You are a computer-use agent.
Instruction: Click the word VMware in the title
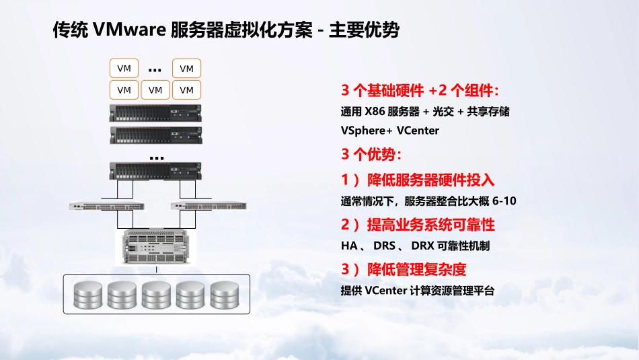coord(128,30)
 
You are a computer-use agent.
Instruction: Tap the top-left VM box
coord(124,68)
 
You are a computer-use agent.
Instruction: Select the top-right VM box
coord(186,68)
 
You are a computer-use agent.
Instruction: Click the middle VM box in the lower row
coord(155,89)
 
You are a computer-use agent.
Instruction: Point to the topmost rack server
coord(155,113)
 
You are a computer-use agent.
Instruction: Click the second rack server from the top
coord(155,135)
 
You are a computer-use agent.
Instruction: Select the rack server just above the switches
coord(155,171)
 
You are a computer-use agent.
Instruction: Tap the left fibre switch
coord(107,207)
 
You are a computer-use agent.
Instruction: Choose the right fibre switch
coord(209,207)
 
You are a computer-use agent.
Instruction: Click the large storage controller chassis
coord(156,247)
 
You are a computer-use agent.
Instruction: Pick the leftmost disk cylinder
coord(88,294)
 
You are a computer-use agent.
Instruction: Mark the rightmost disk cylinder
coord(225,294)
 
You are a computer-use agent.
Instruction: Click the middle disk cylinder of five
coord(156,294)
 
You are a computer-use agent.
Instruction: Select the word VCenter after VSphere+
coord(418,131)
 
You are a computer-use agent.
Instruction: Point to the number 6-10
coord(504,201)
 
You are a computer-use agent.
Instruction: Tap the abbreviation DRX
coord(422,246)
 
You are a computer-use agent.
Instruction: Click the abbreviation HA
coord(349,246)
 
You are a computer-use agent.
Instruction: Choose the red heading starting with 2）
coord(418,225)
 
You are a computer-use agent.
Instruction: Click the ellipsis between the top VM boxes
coord(155,71)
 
